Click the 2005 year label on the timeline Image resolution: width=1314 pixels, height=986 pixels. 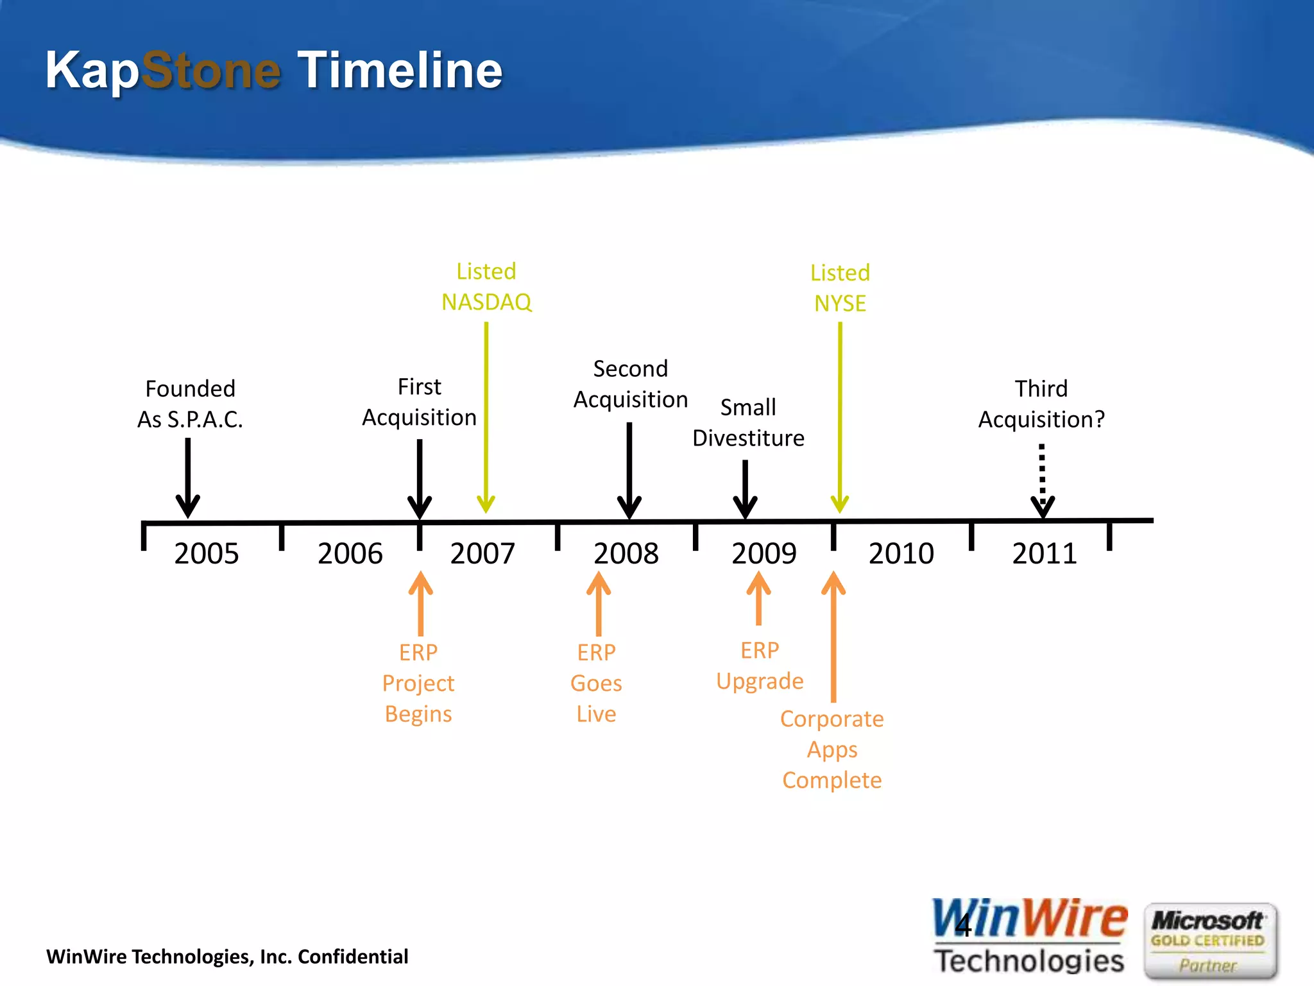[206, 553]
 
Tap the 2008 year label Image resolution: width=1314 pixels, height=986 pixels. [626, 553]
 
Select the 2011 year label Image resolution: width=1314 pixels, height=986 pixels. [1044, 553]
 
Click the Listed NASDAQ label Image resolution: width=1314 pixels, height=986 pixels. [486, 287]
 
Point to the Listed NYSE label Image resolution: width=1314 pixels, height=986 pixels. [840, 288]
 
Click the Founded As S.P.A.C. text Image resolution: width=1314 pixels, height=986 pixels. [190, 404]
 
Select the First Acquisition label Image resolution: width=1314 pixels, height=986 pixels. [419, 402]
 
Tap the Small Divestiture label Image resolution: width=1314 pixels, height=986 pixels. [748, 422]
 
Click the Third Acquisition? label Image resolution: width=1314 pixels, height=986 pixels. [1041, 404]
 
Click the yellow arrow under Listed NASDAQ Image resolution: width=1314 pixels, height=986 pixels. [486, 417]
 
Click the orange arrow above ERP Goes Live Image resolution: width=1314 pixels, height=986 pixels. [599, 603]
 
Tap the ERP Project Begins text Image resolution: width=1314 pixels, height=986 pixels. [418, 683]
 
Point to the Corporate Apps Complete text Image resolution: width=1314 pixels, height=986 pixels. [832, 749]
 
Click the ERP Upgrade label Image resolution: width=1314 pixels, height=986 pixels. [760, 666]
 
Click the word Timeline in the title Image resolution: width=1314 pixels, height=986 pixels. [400, 70]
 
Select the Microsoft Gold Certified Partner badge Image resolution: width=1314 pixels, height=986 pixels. [1210, 940]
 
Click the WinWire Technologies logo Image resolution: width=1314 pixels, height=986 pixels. [1029, 937]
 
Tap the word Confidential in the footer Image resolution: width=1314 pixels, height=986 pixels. [353, 956]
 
